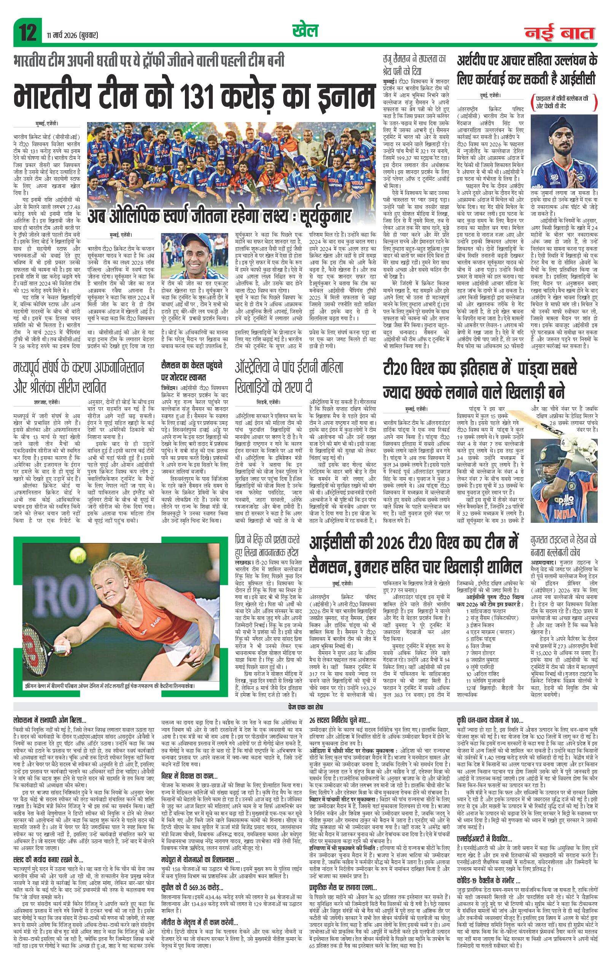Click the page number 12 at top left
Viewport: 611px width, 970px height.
27,32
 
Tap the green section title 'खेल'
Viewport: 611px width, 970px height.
305,31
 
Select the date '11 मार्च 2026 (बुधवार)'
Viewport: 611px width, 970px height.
71,35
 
